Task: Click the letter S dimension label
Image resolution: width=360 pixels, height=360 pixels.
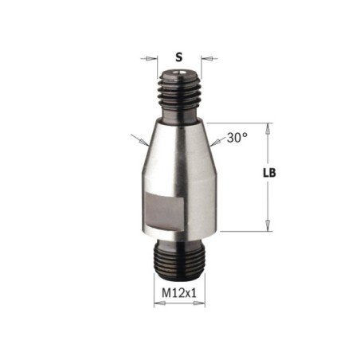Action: (179, 57)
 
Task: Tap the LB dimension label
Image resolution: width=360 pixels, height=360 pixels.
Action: (269, 173)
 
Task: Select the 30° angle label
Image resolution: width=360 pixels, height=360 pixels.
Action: (237, 138)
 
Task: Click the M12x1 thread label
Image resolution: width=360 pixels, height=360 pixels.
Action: (179, 293)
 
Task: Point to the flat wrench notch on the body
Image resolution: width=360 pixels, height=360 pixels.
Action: (165, 212)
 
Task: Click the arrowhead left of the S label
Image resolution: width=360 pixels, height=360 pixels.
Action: (151, 58)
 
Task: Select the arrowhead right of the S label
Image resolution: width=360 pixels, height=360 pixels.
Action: (207, 58)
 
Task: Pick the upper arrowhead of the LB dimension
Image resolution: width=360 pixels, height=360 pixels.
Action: (268, 129)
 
